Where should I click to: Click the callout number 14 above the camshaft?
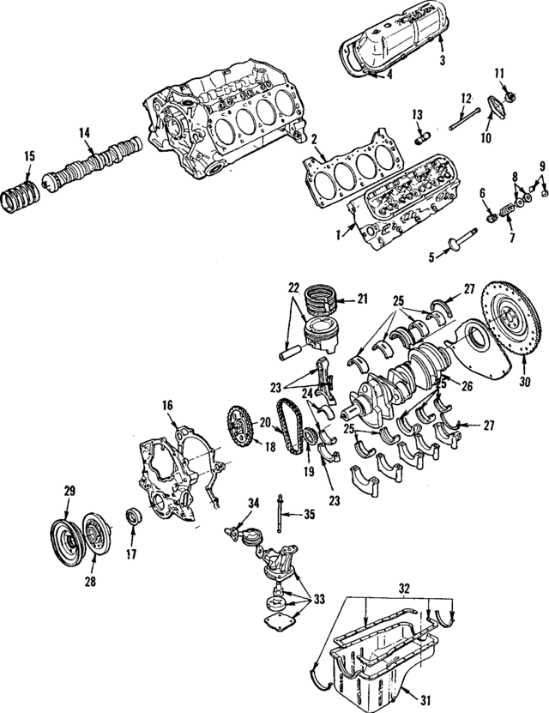point(84,133)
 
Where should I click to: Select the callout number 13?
point(418,115)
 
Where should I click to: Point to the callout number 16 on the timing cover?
point(168,405)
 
